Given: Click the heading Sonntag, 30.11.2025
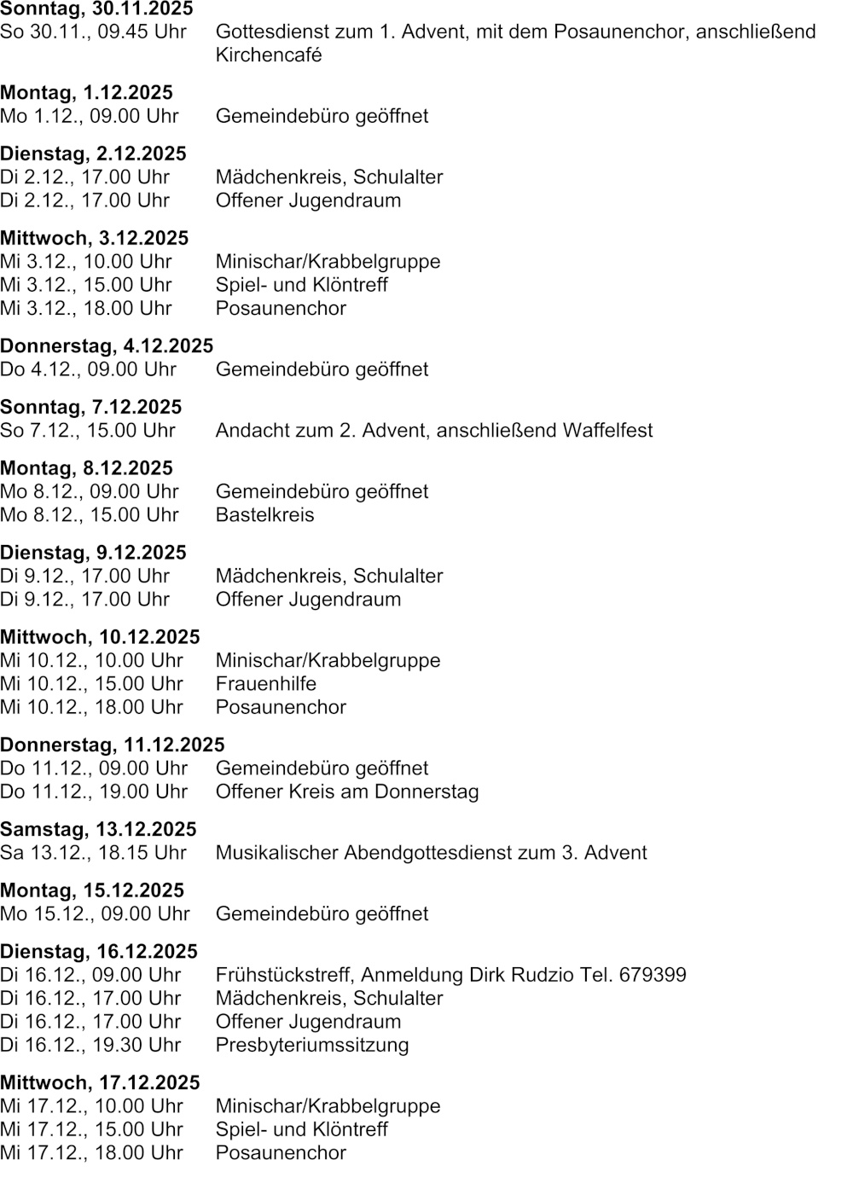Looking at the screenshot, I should (96, 9).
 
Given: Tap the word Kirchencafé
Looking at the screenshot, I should (269, 55).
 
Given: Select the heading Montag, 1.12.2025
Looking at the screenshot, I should (86, 93).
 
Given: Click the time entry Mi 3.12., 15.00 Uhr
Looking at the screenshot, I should (86, 285).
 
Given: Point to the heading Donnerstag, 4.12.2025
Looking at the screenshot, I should (107, 346).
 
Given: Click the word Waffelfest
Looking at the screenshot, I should (607, 431).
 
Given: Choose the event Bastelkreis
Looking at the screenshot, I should (264, 515).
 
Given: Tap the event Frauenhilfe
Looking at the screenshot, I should (265, 684).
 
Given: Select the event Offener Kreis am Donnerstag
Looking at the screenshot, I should (347, 792).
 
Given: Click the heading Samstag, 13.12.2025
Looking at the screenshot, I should (98, 830).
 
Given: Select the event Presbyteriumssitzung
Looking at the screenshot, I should (312, 1045).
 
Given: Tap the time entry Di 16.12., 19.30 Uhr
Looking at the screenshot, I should (90, 1045).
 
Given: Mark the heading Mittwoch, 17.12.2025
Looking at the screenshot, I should (100, 1083).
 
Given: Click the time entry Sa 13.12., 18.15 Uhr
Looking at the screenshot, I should (93, 853).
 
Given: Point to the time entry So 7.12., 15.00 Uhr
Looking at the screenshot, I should (88, 431).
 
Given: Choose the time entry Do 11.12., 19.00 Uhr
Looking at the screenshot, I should (94, 792).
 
